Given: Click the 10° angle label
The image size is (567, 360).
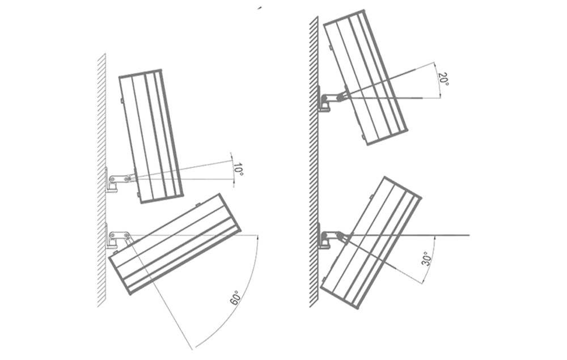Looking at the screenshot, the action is [x=238, y=170].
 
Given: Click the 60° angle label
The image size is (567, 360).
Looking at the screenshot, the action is [x=235, y=297].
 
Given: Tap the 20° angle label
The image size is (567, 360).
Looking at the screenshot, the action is [x=443, y=79].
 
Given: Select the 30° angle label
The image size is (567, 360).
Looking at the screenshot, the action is [x=428, y=259].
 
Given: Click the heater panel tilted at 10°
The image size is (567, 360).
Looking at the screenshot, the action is [x=150, y=136].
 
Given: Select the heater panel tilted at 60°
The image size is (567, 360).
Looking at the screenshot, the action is [x=174, y=244].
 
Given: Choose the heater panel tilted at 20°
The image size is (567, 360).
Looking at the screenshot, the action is [x=365, y=77].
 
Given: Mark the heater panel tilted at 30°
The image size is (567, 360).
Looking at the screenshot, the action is [x=371, y=243].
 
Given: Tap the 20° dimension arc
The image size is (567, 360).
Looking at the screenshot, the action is [x=438, y=79].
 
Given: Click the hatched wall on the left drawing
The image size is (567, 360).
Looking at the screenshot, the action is [x=101, y=180].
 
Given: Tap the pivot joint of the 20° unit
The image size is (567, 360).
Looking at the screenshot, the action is [x=340, y=97].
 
